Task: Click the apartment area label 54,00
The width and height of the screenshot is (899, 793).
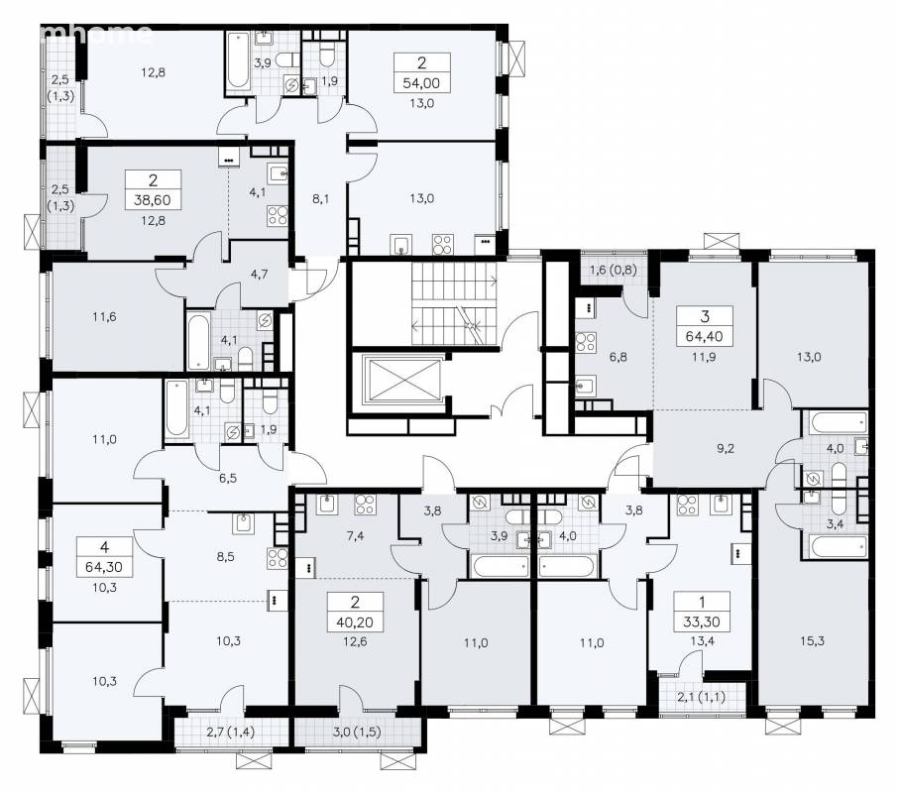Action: coord(421,83)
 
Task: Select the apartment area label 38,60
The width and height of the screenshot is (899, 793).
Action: coord(153,200)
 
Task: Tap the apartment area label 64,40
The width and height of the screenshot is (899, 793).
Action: coord(704,337)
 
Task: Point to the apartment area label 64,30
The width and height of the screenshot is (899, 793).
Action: coord(104,567)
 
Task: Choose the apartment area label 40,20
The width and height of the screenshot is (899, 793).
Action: coord(355,623)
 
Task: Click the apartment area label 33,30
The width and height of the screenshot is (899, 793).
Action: coord(701,623)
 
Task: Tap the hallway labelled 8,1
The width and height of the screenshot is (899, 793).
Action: coord(320,199)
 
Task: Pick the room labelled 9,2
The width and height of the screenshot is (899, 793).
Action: coord(726,449)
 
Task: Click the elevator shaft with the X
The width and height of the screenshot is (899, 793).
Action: coord(403,381)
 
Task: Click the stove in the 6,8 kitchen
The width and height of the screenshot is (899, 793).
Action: coord(586,342)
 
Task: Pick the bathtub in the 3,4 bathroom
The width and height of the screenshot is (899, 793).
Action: coord(835,546)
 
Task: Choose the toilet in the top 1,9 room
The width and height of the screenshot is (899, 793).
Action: coord(326,56)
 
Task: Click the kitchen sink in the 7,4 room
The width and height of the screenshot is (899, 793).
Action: coord(326,504)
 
